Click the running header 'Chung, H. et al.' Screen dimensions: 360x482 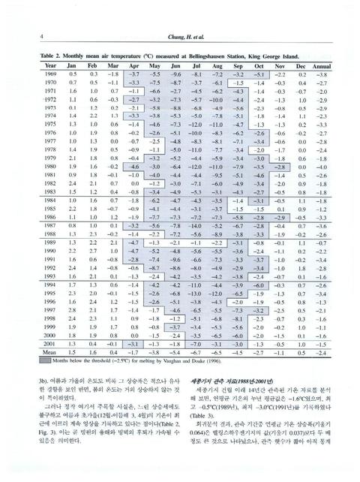tap(181, 35)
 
